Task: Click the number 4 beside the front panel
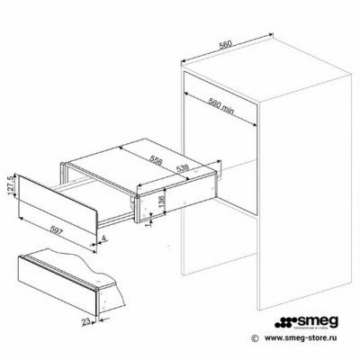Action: (x=103, y=239)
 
